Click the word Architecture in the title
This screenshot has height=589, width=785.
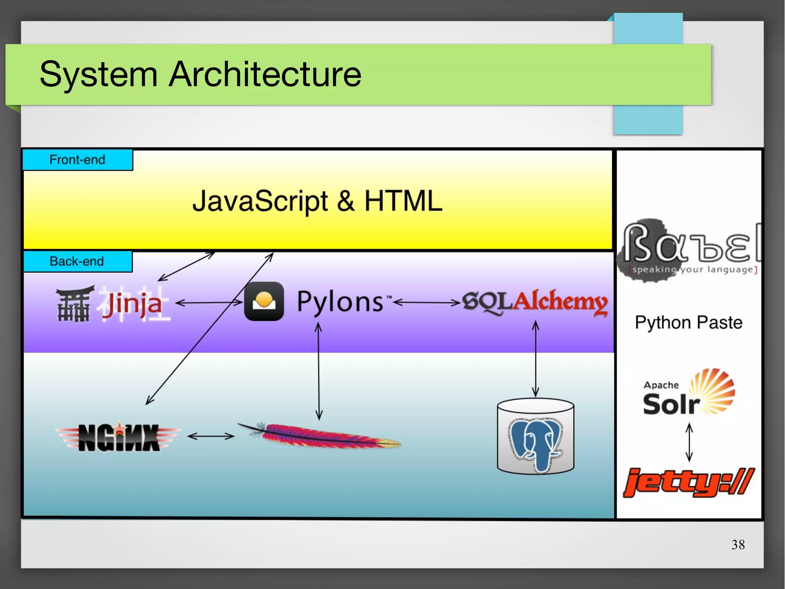coord(265,74)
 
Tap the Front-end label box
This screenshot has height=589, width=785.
coord(77,160)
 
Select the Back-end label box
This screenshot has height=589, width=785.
coord(77,261)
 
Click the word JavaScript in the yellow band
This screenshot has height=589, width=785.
coord(260,201)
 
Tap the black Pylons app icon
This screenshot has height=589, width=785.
coord(264,302)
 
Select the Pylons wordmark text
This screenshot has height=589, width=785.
coord(340,302)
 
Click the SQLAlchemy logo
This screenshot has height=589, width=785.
coord(535,302)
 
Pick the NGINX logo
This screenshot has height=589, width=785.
coord(118,437)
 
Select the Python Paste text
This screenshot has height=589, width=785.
coord(688,322)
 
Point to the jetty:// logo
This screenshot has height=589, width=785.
coord(688,482)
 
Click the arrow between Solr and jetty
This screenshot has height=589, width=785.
coord(689,442)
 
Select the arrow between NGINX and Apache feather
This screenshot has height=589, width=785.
coord(211,436)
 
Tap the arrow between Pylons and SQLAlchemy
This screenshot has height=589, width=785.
coord(427,303)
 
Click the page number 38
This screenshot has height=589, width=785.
coord(738,544)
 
